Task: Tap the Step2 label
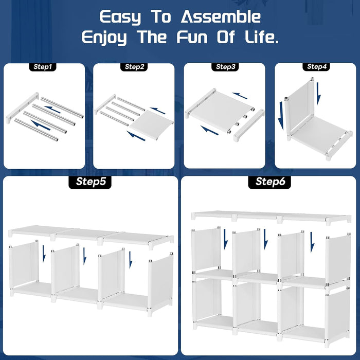135,67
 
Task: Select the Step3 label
225,67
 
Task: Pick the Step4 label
316,67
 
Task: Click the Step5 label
91,182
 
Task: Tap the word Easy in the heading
119,17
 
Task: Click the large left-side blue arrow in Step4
281,116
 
